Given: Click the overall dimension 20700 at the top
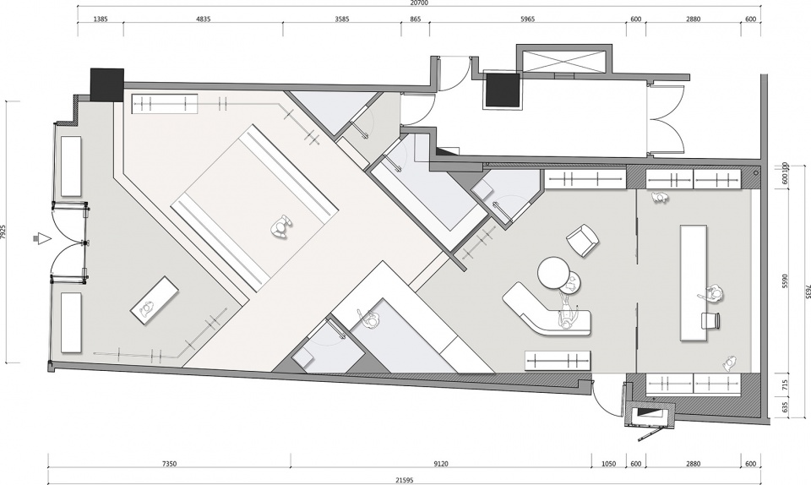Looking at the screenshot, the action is click(x=421, y=3).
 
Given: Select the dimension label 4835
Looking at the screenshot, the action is click(x=204, y=19).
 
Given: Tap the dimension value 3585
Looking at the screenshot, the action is click(x=342, y=19).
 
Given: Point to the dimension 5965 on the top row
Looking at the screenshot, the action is click(x=527, y=19).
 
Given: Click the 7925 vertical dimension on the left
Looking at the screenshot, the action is click(x=3, y=232).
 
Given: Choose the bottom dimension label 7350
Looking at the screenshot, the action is click(x=169, y=465).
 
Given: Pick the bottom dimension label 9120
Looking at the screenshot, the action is click(x=441, y=465).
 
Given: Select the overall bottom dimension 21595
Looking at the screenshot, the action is click(x=405, y=480).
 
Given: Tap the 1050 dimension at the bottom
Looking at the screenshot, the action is click(x=609, y=465).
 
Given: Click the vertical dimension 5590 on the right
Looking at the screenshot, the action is click(x=785, y=281).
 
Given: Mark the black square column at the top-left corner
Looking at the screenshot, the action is click(x=107, y=84).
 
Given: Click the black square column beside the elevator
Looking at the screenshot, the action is click(x=502, y=90).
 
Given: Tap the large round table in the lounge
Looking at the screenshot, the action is click(x=554, y=272).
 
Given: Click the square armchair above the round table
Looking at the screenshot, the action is click(x=582, y=240).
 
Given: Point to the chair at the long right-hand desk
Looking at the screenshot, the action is click(x=710, y=320).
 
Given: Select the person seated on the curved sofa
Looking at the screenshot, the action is click(x=566, y=317).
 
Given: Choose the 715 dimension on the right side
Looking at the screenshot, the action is click(x=785, y=385).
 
